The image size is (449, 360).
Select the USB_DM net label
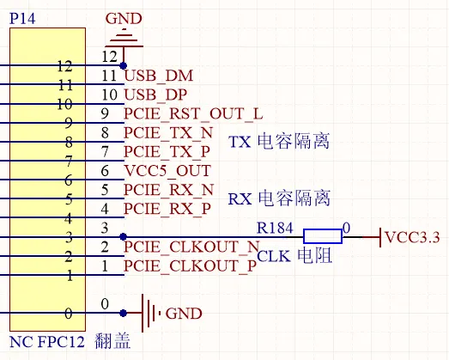tap(159, 76)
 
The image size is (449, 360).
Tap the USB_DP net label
tap(157, 95)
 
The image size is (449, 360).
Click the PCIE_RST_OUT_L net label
tap(193, 113)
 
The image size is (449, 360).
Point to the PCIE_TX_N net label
tap(168, 133)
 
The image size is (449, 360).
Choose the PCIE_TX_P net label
tap(167, 152)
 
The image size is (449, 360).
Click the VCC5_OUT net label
tap(167, 171)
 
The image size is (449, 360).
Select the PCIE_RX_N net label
tap(168, 190)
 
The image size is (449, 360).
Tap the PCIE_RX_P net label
tap(167, 209)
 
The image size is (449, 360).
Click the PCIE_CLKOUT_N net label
tap(191, 247)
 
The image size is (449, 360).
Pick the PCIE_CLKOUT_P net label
tap(190, 266)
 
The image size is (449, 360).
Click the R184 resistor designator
tap(276, 229)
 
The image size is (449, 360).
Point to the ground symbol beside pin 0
tap(151, 314)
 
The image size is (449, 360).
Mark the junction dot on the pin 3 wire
tap(124, 236)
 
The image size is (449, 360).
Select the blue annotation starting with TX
tap(279, 142)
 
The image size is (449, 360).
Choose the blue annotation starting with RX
tap(279, 198)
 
